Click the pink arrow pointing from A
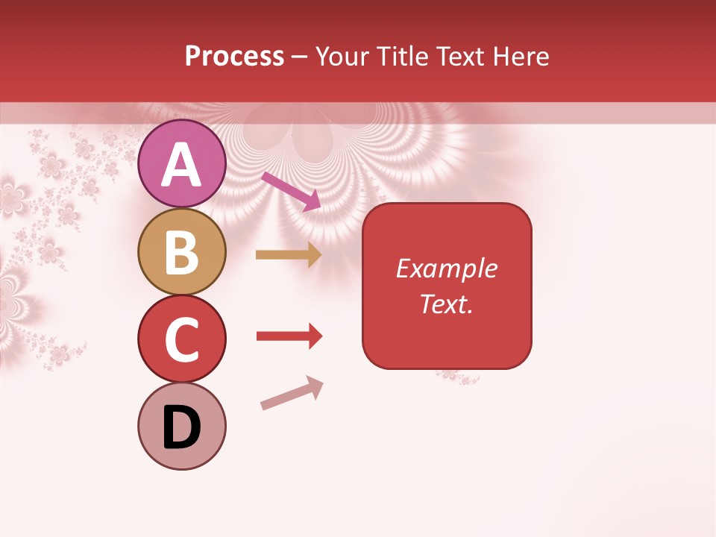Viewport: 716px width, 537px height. click(292, 191)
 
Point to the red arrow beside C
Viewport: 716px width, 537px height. click(289, 336)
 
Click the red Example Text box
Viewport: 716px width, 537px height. click(447, 286)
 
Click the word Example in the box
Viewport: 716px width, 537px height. click(447, 268)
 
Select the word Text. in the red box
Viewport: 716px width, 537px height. click(447, 304)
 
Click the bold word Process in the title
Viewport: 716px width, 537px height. click(234, 57)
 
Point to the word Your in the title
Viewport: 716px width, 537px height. click(342, 57)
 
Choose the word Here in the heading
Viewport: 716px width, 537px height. click(521, 57)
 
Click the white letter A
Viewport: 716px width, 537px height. click(181, 165)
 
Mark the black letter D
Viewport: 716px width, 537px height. click(181, 428)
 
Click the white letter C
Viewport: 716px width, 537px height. click(181, 340)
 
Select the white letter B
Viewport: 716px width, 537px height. click(181, 253)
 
